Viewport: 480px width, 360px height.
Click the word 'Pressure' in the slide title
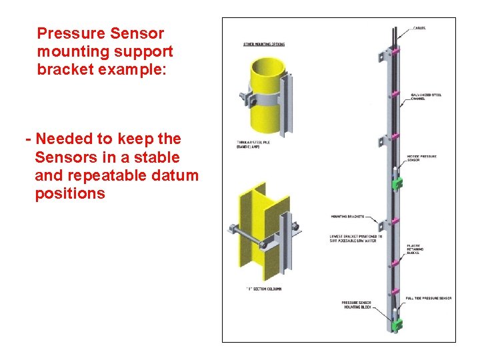(67, 33)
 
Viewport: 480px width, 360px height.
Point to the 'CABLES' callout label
(419, 28)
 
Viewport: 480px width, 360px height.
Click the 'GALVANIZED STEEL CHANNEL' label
(426, 97)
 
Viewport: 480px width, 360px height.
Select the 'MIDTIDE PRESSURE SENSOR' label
(422, 158)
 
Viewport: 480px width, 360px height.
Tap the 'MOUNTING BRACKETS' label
(346, 217)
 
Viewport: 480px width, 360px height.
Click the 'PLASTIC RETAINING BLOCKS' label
(417, 250)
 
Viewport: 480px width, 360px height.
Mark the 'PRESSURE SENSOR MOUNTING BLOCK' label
(356, 305)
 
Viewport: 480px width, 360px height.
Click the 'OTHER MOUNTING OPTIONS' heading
(263, 45)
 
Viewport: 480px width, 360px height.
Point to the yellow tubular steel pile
(263, 93)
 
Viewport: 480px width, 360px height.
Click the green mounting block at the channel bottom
(398, 325)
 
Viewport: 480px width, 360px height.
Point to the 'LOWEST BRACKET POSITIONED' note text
(356, 239)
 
